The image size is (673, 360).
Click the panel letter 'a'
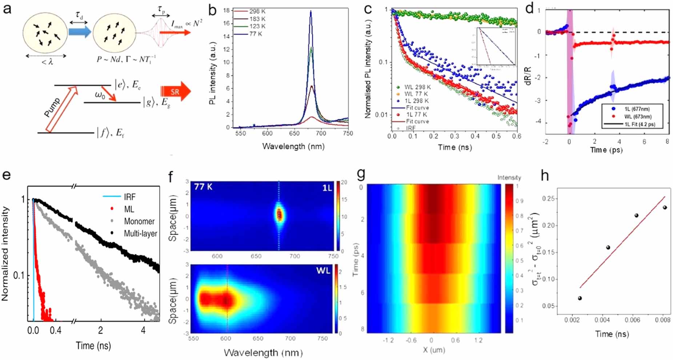(7, 8)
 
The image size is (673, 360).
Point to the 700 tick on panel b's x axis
(321, 133)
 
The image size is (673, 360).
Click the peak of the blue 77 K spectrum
(311, 12)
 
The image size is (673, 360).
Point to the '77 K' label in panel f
(203, 187)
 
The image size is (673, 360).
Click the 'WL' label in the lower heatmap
(323, 271)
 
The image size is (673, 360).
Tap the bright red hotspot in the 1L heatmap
(279, 215)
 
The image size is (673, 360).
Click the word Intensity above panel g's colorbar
(509, 177)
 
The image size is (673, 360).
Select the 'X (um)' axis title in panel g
(434, 350)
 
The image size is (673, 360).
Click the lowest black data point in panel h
(580, 298)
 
